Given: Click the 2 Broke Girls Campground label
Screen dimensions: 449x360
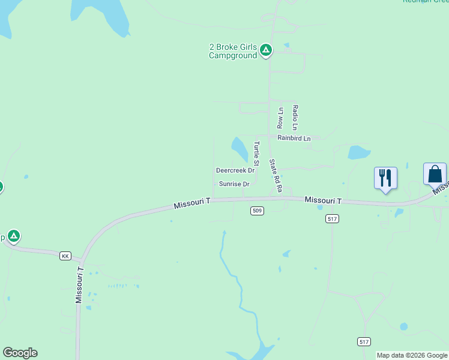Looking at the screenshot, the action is [233, 52].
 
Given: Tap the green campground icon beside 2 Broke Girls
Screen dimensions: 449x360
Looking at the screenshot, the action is [266, 50].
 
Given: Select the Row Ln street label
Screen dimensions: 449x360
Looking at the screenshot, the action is [280, 118].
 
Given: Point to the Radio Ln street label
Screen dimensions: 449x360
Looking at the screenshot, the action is [295, 118].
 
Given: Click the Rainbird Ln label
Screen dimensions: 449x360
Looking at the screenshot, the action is [294, 138].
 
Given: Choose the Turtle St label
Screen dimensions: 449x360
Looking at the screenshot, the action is [256, 154].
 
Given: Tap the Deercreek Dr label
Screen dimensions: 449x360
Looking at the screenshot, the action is [235, 170].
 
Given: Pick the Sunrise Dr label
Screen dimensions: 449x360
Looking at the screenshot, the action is [234, 184].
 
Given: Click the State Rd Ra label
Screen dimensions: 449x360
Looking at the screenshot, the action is [276, 175].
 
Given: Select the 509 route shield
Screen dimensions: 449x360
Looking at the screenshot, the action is [257, 211].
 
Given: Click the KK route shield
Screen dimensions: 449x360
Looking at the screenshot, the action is [65, 256].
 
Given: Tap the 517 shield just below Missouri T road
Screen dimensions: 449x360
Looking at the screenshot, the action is [333, 219].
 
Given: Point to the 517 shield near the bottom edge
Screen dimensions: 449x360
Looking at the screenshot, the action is [364, 341].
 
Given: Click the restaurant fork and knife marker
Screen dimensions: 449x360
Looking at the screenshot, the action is [385, 178].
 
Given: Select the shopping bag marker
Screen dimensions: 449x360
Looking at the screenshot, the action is [435, 175].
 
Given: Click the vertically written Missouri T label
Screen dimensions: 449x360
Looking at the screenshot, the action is [79, 286].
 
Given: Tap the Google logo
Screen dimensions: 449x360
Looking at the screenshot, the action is [20, 353].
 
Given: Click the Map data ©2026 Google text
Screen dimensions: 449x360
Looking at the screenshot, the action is [412, 355].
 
